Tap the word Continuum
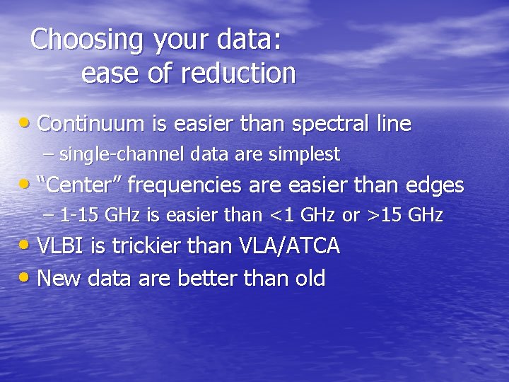point(91,125)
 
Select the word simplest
point(305,154)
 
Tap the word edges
point(434,185)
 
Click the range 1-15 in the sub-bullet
point(79,215)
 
